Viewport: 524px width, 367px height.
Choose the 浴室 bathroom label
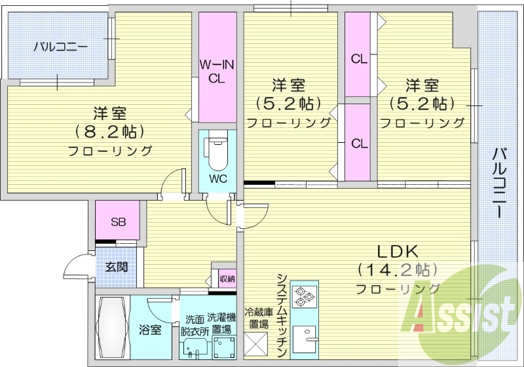click(x=150, y=329)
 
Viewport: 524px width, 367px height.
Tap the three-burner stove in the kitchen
click(x=303, y=296)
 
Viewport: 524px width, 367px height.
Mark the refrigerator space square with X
click(x=257, y=343)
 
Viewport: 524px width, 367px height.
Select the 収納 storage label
click(x=227, y=279)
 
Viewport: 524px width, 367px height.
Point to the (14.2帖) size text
click(x=398, y=269)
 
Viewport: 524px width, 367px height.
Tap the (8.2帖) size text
click(x=109, y=131)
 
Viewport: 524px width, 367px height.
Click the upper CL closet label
click(x=358, y=59)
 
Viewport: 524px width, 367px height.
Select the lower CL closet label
click(x=358, y=143)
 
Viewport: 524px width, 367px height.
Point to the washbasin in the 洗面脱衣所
click(x=193, y=347)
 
